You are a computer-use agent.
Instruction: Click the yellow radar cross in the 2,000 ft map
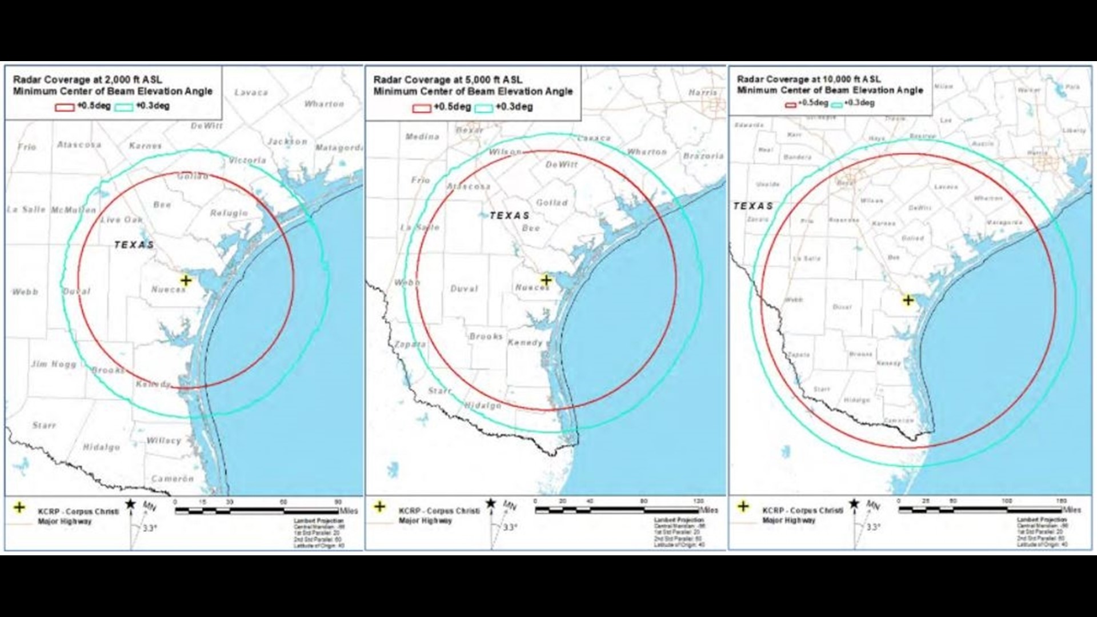[x=186, y=280]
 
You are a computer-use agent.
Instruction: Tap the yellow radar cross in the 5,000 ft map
[x=546, y=280]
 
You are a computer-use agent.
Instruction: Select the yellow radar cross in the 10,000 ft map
[x=908, y=300]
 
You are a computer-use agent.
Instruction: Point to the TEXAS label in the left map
[x=134, y=245]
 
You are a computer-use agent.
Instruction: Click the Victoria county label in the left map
[x=247, y=161]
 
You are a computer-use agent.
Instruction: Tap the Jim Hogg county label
[x=54, y=364]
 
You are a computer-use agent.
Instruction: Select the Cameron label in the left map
[x=173, y=479]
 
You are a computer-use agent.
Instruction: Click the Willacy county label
[x=164, y=440]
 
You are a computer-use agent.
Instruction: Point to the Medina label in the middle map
[x=422, y=137]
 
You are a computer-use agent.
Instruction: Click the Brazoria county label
[x=703, y=155]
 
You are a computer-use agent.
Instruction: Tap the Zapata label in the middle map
[x=410, y=344]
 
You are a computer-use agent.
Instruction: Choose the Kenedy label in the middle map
[x=525, y=342]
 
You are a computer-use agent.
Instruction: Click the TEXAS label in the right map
[x=753, y=206]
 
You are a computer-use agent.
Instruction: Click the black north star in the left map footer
[x=131, y=503]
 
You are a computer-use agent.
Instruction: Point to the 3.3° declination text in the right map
[x=872, y=527]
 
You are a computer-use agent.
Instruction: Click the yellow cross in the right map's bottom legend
[x=743, y=506]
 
